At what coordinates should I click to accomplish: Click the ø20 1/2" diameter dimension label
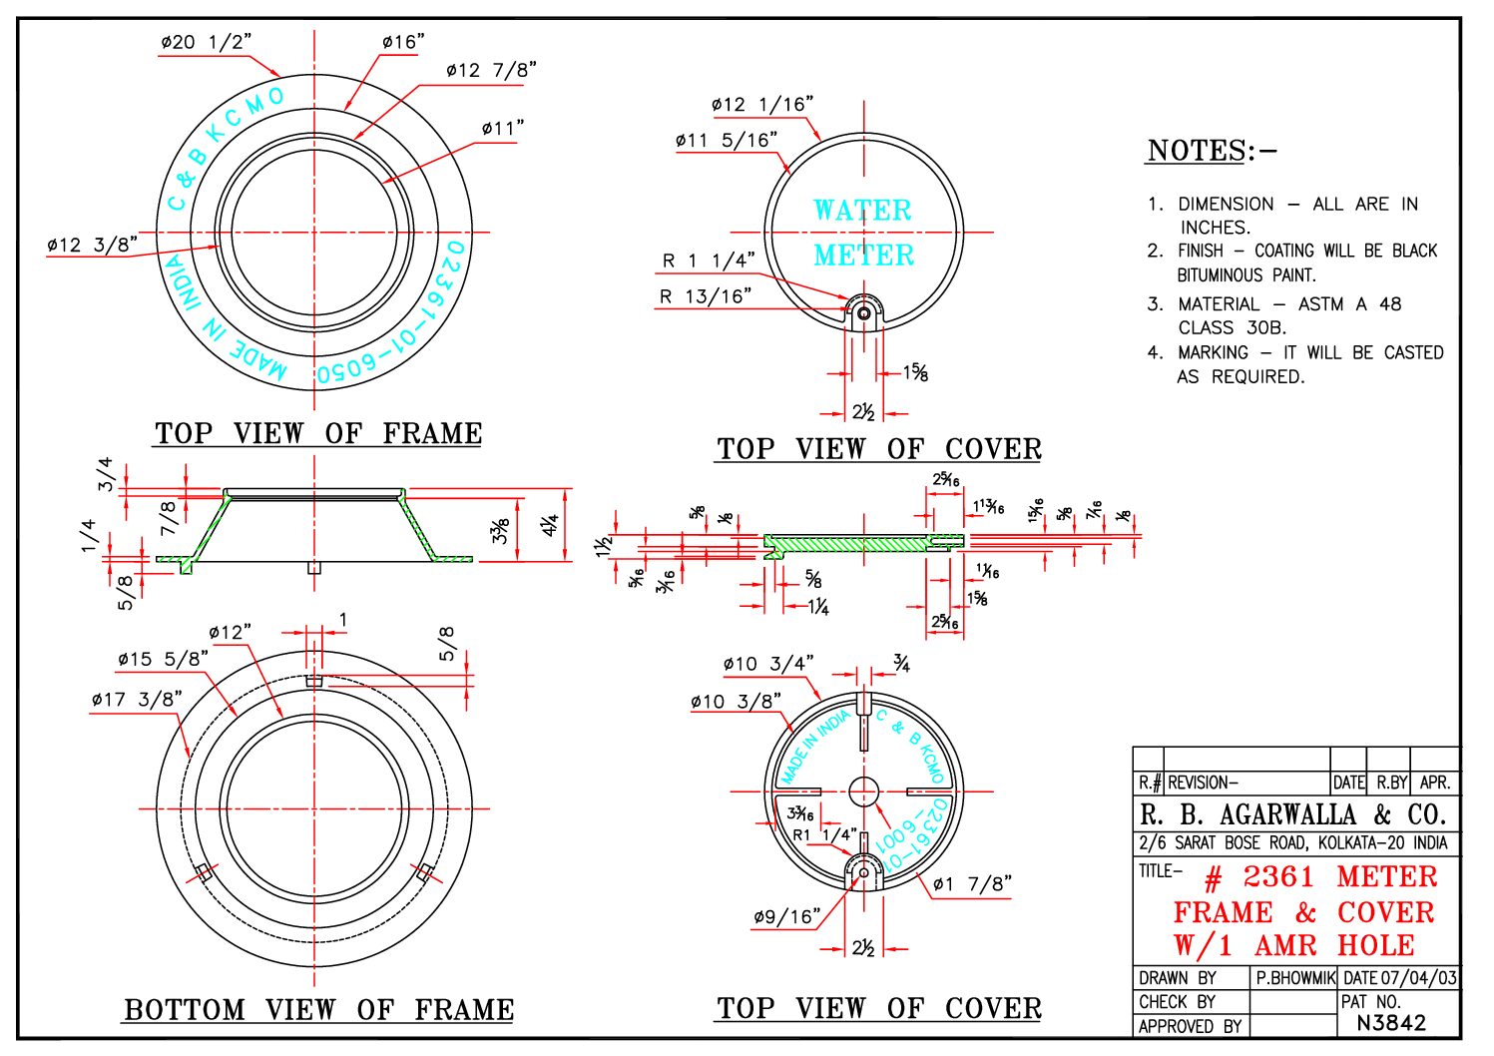tap(206, 42)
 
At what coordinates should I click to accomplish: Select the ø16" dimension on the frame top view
tap(402, 42)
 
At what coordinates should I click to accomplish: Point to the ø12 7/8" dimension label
tap(491, 70)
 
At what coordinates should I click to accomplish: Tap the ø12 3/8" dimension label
tap(92, 245)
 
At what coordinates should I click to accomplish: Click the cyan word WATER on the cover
tap(862, 211)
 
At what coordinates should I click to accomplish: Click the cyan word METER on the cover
tap(863, 256)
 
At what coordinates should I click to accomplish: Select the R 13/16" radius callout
tap(706, 296)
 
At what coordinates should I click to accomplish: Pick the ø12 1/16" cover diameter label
tap(761, 104)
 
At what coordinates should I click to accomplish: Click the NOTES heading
tap(1211, 151)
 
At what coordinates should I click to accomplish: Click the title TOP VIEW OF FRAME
tap(318, 434)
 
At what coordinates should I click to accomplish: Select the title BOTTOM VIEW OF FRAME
tap(318, 1010)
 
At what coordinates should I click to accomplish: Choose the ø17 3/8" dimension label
tap(137, 700)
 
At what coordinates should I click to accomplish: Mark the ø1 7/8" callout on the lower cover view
tap(971, 884)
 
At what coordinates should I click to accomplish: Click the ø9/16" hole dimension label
tap(786, 916)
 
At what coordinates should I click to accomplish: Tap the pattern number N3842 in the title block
tap(1391, 1023)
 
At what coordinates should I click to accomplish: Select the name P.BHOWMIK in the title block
tap(1294, 978)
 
